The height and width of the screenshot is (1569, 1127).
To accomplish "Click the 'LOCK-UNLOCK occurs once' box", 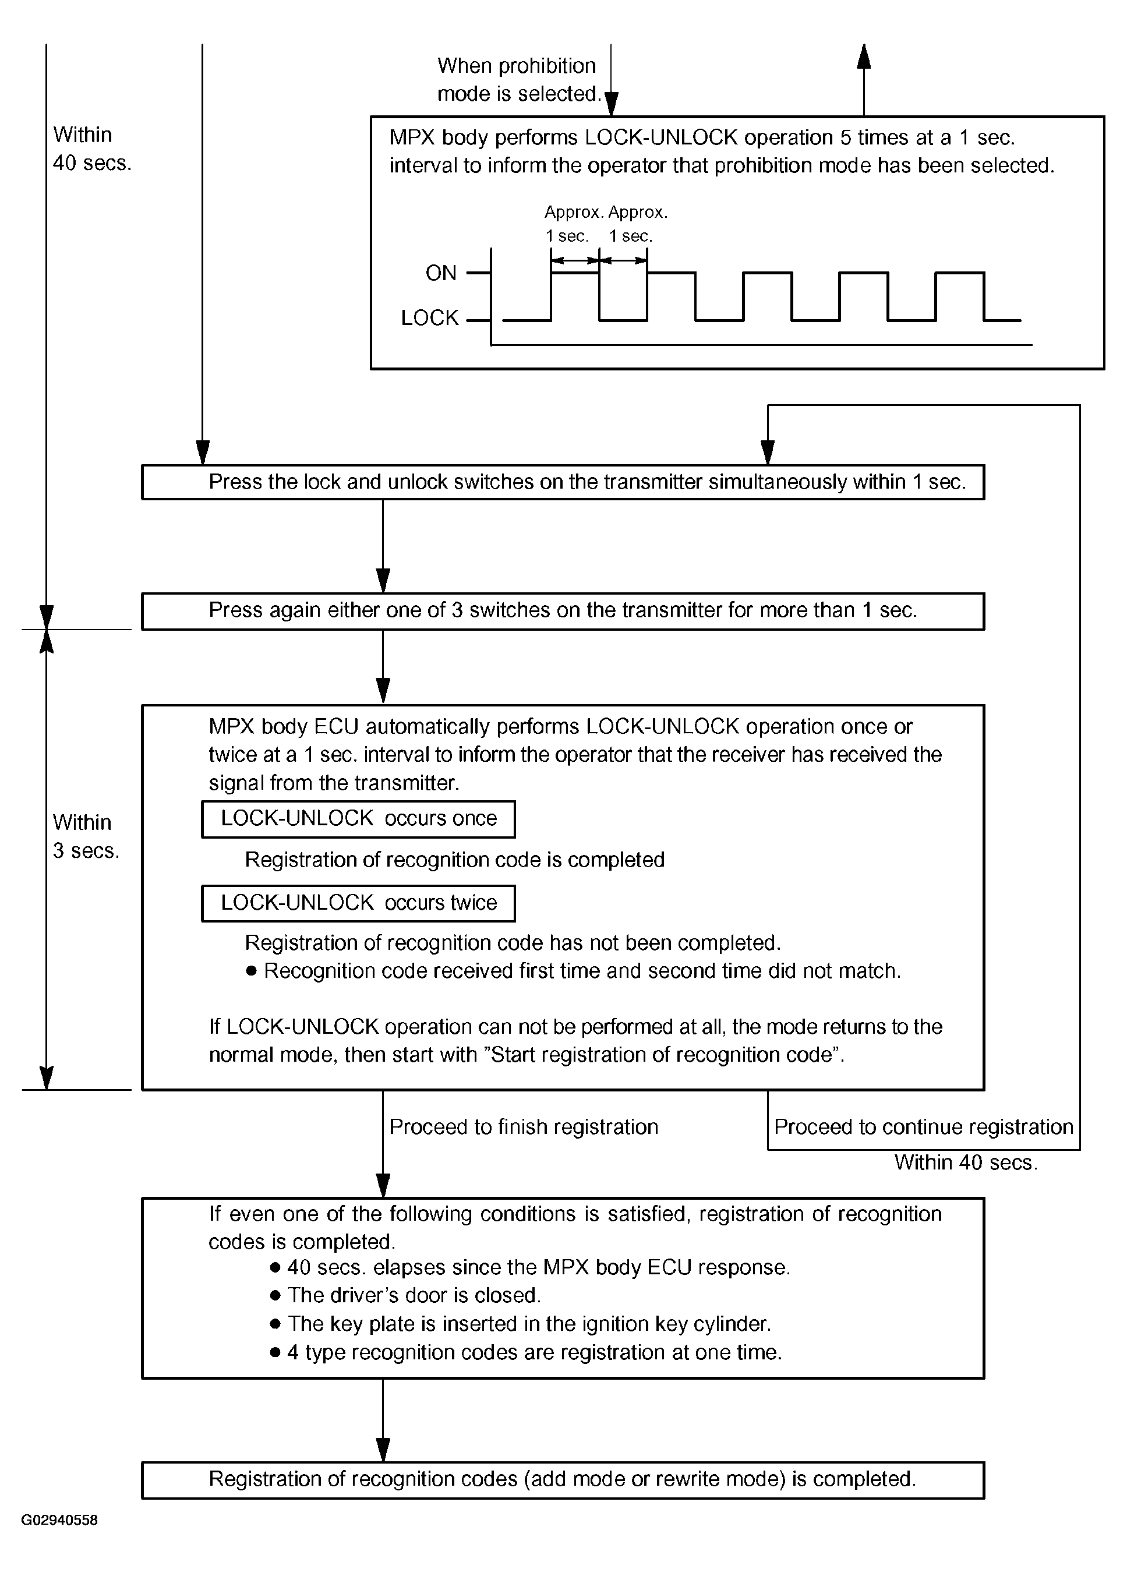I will [358, 819].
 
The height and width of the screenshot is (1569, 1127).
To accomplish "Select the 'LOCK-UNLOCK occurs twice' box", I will [358, 903].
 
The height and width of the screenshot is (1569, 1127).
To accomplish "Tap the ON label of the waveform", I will [441, 273].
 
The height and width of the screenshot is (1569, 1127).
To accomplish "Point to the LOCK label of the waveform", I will [430, 318].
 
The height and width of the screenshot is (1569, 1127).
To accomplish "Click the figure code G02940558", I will [59, 1520].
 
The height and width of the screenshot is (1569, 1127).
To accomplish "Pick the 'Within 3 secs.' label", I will [85, 836].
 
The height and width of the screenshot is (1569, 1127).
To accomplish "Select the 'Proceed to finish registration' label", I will [523, 1127].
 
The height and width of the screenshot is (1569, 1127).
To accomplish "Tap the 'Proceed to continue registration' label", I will [923, 1127].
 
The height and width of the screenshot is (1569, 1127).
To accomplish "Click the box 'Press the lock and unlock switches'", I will [563, 482].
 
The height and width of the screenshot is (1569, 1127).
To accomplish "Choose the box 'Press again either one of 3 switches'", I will [563, 611].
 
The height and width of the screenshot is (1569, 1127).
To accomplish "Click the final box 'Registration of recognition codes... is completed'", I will [563, 1480].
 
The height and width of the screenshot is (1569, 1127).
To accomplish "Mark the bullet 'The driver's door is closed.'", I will [414, 1295].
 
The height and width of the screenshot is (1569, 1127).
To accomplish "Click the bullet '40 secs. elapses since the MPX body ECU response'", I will [538, 1267].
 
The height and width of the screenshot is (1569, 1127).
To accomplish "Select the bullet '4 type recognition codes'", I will [534, 1352].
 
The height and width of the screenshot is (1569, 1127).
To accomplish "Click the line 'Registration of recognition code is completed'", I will [454, 860].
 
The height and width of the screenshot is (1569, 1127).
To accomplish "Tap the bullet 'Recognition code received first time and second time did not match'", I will [581, 971].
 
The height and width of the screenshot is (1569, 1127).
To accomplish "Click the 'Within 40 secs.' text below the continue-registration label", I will [966, 1162].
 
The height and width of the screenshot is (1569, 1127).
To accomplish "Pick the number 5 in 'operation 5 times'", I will [846, 137].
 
